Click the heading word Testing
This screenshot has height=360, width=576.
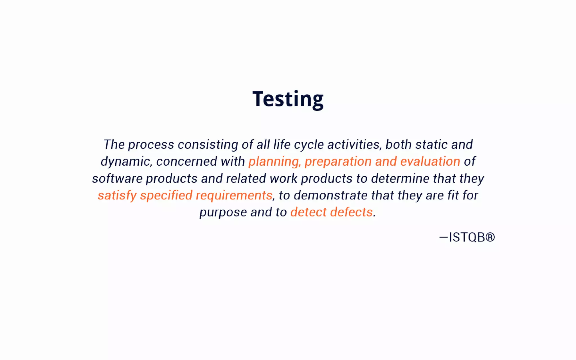tap(288, 99)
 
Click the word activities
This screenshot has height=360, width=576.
tap(354, 145)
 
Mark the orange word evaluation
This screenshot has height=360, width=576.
tap(430, 161)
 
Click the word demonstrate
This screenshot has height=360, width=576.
tap(331, 195)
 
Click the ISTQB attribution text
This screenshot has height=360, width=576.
tap(467, 237)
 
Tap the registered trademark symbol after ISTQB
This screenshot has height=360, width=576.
tap(490, 237)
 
